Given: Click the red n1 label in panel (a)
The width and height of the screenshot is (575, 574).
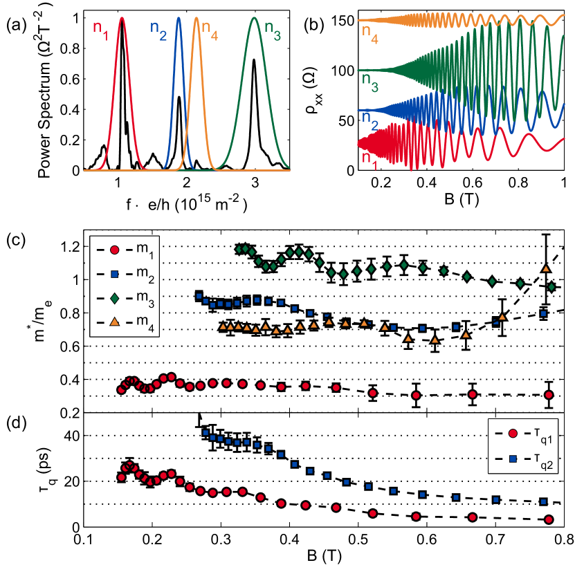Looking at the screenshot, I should (x=101, y=30).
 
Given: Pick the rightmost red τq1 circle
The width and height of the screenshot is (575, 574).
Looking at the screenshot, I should (x=549, y=519).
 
